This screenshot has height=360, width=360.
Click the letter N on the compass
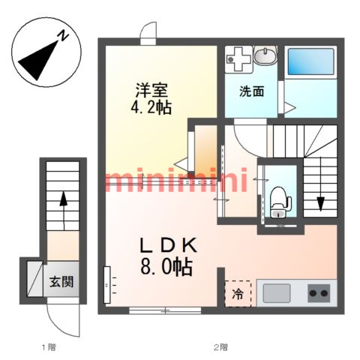(64, 36)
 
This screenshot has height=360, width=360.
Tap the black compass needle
(37, 61)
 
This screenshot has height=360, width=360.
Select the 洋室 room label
(151, 90)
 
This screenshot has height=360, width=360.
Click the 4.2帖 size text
(151, 108)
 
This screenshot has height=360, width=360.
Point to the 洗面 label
(252, 91)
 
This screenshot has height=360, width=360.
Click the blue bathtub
(310, 61)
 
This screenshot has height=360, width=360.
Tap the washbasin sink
(265, 55)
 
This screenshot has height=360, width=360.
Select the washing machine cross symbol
(238, 59)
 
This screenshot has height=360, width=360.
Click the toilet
(280, 202)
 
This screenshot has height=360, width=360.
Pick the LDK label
(169, 245)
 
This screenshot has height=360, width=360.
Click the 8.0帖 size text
(166, 267)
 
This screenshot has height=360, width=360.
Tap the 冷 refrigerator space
(238, 294)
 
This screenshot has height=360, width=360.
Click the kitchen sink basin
(277, 293)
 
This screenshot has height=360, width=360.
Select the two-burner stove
(319, 293)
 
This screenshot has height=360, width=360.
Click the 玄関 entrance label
(61, 282)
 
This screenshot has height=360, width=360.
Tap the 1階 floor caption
(49, 347)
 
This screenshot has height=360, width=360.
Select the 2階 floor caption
(220, 347)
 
